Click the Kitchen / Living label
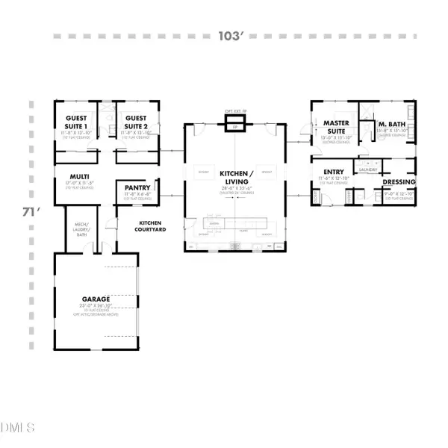pyautogui.click(x=233, y=178)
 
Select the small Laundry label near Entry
pyautogui.click(x=367, y=169)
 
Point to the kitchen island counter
pyautogui.click(x=233, y=223)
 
